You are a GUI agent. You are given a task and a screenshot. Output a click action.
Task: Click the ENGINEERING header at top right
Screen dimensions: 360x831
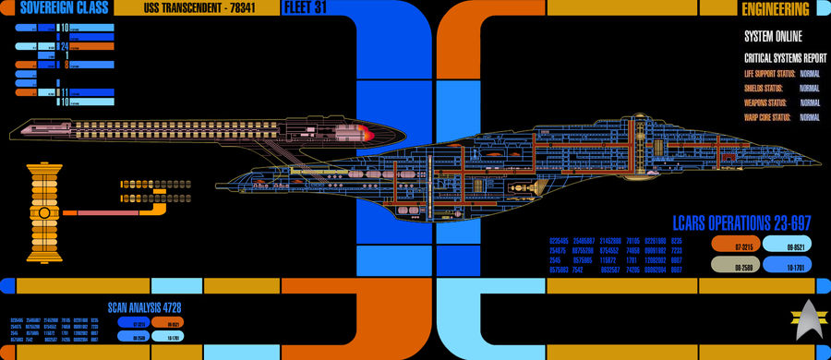776,9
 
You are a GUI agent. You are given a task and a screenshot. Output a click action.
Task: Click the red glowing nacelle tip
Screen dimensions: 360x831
367,136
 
